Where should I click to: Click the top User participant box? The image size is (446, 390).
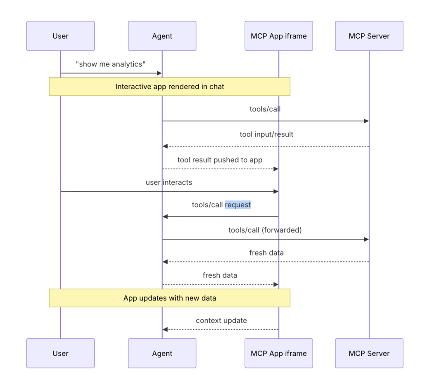coord(60,36)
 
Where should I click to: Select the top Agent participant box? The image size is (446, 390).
coord(162,36)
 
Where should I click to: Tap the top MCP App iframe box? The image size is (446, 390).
coord(279,36)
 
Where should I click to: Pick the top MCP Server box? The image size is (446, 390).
coord(369,36)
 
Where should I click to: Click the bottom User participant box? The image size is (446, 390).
coord(60,353)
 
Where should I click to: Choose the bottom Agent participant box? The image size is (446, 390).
coord(162,353)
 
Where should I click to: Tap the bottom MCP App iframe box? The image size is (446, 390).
coord(279,353)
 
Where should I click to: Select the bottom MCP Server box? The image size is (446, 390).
coord(369,353)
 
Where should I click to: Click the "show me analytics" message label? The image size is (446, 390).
coord(111,64)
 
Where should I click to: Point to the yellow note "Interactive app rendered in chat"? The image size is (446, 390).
coord(170,87)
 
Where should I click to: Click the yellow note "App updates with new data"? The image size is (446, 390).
coord(170,298)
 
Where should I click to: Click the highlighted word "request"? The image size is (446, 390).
coord(238,205)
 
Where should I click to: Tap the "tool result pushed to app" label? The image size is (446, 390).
coord(220,160)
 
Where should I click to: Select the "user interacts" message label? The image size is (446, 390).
coord(169,182)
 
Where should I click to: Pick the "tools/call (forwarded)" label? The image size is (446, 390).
coord(265,230)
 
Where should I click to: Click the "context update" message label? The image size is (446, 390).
coord(221,320)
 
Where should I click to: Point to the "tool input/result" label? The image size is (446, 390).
coord(266,134)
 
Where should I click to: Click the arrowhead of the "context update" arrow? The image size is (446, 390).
coord(165,329)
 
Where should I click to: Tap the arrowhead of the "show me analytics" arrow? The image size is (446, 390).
coord(159,73)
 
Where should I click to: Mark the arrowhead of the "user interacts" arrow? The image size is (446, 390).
coord(276,191)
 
